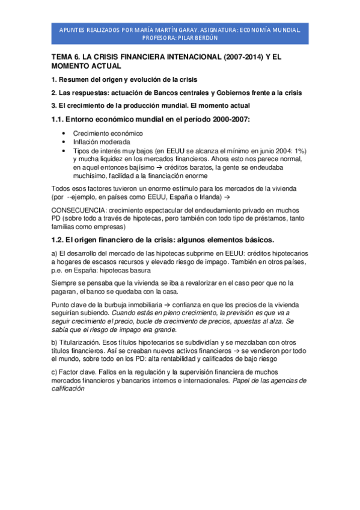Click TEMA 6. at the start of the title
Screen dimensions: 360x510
66,57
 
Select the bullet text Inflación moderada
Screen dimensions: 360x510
101,142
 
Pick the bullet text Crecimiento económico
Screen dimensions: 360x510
108,134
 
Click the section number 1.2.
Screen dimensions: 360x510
59,239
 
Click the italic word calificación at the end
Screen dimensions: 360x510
70,389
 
